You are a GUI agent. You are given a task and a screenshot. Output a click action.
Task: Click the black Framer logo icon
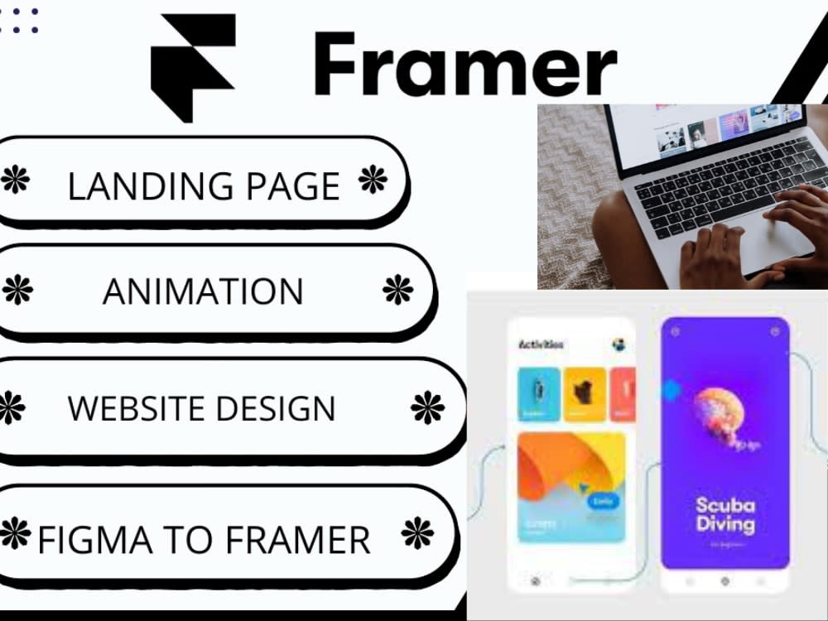192,66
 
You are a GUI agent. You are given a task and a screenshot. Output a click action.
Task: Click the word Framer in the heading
465,64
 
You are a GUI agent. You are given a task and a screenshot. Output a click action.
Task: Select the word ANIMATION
203,291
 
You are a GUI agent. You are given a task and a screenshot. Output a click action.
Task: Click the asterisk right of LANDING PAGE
373,180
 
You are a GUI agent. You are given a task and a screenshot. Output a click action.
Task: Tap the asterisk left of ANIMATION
18,290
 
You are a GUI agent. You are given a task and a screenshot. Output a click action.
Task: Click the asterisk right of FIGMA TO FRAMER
416,534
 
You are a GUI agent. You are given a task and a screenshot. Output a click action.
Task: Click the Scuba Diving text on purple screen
725,515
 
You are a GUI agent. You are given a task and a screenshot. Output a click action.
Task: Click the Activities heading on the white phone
542,344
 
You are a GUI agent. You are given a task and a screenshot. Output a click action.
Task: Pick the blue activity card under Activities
539,393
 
